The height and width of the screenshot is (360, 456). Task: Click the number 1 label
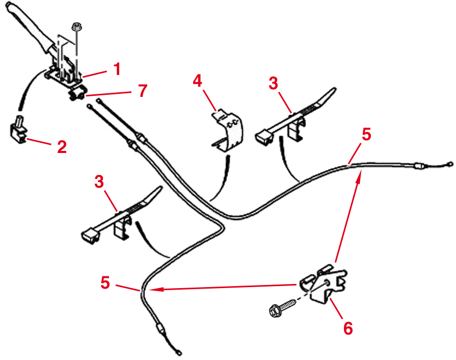pos(117,68)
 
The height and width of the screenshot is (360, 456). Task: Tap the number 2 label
pos(62,147)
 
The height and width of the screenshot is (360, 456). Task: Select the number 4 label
pos(198,81)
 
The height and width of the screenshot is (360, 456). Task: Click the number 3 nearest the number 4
pos(274,83)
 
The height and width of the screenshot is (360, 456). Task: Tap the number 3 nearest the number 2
pos(99,181)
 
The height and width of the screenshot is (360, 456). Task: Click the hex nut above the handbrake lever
pos(76,27)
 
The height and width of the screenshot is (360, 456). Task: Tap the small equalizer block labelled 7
pos(77,94)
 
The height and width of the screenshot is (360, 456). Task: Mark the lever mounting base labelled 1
pos(64,74)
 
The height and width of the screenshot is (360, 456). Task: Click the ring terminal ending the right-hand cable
pos(449,164)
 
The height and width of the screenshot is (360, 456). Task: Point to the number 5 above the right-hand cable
pos(366,134)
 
